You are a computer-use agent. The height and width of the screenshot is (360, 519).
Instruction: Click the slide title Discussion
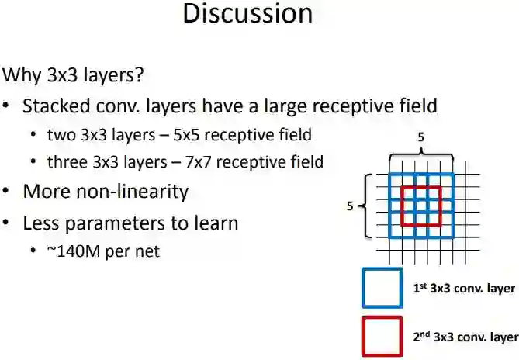[247, 13]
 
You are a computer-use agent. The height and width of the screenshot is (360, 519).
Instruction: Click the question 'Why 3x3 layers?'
[74, 76]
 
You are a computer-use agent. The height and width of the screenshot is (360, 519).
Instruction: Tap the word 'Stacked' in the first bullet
[55, 106]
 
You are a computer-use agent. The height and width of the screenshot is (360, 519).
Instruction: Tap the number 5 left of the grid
[351, 206]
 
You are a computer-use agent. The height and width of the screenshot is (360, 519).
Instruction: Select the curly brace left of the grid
[367, 207]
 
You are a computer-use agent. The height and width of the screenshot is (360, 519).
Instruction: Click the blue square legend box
[382, 288]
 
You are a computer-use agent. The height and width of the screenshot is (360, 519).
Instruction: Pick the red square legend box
[382, 336]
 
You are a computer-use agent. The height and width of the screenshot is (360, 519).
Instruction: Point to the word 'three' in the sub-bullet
[67, 162]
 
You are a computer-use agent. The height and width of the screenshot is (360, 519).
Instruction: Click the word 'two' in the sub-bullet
[61, 135]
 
